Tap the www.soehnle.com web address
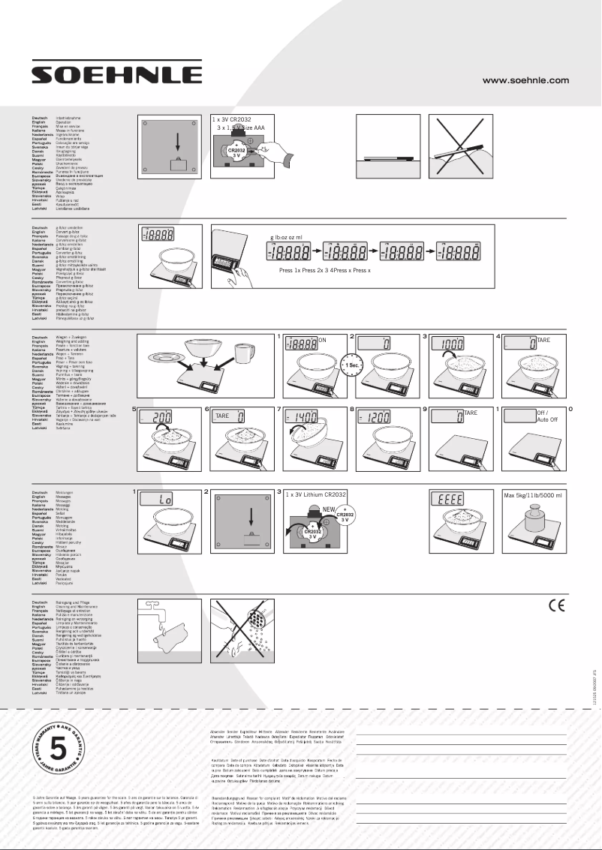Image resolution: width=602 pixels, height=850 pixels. pos(525,80)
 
